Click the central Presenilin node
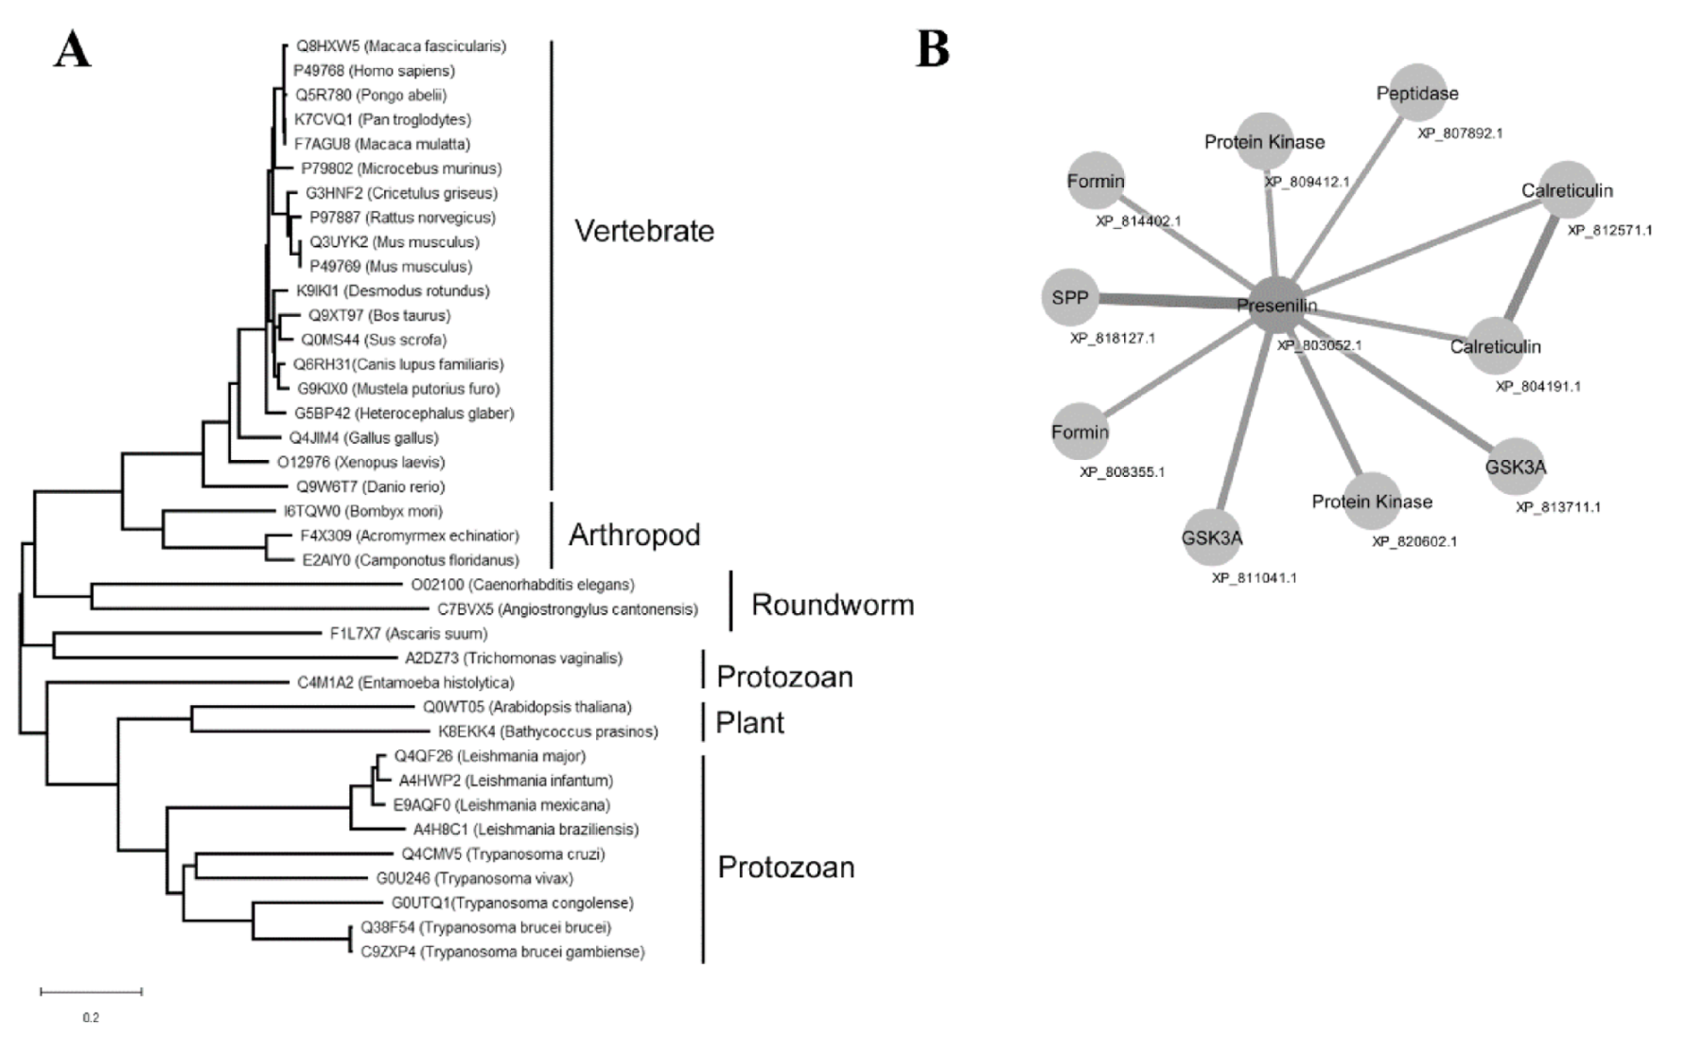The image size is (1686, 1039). click(1276, 305)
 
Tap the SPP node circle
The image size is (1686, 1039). click(1071, 298)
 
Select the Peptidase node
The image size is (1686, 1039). click(1417, 93)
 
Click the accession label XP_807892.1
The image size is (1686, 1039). click(1459, 133)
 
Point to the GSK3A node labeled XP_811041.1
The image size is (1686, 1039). click(1212, 537)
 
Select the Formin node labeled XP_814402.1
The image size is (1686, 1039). click(1096, 180)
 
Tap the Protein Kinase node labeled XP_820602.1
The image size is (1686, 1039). click(1371, 501)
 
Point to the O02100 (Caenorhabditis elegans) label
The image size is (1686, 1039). click(522, 585)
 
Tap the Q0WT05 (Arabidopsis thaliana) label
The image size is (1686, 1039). click(527, 707)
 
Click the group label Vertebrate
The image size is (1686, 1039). click(644, 231)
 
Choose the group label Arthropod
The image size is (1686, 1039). click(634, 535)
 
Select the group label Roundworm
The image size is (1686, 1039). click(832, 605)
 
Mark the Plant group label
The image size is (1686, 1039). click(749, 723)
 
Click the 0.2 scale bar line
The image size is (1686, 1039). click(91, 992)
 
